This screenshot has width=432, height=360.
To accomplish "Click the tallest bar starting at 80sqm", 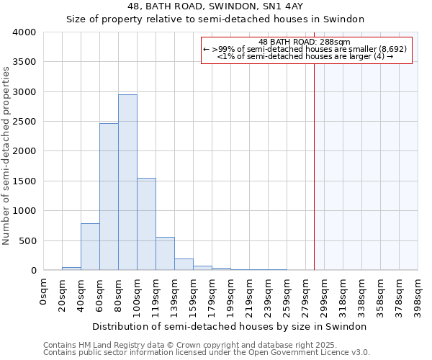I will point(127,183).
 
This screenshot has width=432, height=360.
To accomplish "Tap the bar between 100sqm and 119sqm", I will point(146,224).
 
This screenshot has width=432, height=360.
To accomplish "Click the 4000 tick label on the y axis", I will point(24,32).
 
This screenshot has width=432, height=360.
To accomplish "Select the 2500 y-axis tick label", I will point(24,122).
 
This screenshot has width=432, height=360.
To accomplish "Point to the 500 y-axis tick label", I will point(27,240).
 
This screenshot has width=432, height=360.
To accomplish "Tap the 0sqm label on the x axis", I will point(45,290).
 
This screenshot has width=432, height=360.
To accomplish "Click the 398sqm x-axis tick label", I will point(418,293).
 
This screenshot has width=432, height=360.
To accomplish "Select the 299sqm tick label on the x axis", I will point(325,293).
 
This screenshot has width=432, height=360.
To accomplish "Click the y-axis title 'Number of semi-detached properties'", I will point(7,155).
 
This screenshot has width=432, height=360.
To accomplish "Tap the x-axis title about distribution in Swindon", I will point(230,326).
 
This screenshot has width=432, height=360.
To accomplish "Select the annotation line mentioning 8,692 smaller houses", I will point(305,49).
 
